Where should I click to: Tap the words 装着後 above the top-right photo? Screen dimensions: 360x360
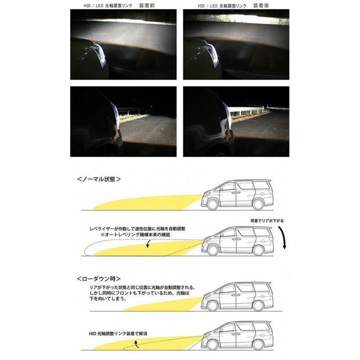[x=261, y=5]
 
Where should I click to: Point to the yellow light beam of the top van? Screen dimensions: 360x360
[x=144, y=202]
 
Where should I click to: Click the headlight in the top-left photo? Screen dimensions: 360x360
[x=99, y=52]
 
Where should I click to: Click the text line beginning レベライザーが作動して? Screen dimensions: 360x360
[x=137, y=229]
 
